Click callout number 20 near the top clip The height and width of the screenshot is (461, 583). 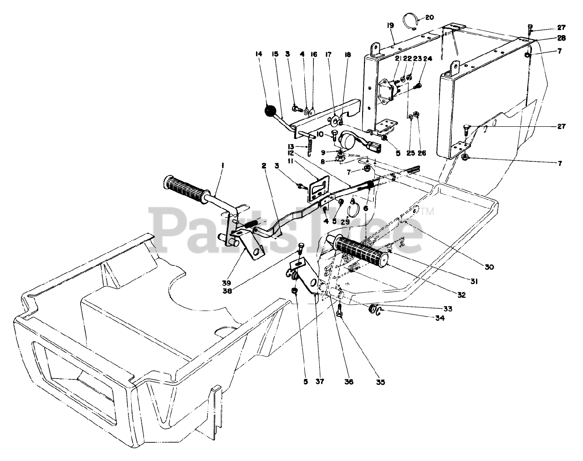coord(430,17)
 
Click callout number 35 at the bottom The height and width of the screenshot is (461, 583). coord(380,382)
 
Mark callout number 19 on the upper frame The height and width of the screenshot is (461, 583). coord(391,26)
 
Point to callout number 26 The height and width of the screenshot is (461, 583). coord(422,153)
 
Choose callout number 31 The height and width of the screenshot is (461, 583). coord(474,282)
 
